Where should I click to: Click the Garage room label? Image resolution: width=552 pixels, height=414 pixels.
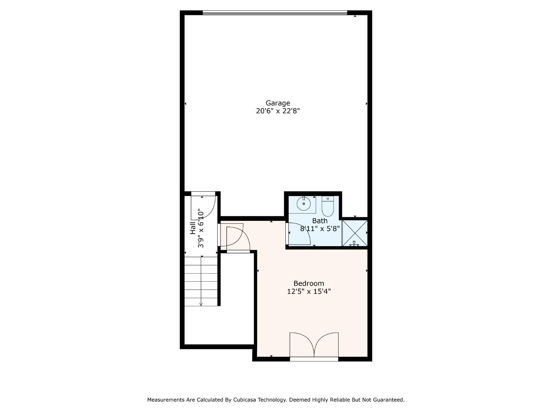[x=278, y=103]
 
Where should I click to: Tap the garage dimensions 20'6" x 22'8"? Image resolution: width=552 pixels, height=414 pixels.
[x=278, y=111]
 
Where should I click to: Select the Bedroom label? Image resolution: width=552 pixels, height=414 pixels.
[x=309, y=283]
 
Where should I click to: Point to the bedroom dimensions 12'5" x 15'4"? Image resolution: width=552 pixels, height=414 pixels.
[x=309, y=291]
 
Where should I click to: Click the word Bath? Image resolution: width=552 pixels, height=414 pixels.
[x=320, y=221]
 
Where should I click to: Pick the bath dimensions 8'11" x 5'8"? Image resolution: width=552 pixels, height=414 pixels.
[x=320, y=229]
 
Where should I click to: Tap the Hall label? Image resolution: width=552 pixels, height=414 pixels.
[x=193, y=228]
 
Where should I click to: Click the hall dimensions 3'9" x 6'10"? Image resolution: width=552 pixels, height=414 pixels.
[x=201, y=228]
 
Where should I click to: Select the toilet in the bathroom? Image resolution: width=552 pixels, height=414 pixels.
[x=328, y=206]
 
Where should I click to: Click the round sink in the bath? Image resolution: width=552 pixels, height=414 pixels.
[x=304, y=203]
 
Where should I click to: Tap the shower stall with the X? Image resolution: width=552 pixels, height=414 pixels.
[x=355, y=233]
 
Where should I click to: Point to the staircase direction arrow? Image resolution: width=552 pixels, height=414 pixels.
[x=201, y=303]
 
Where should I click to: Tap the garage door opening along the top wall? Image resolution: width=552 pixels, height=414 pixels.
[x=275, y=13]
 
